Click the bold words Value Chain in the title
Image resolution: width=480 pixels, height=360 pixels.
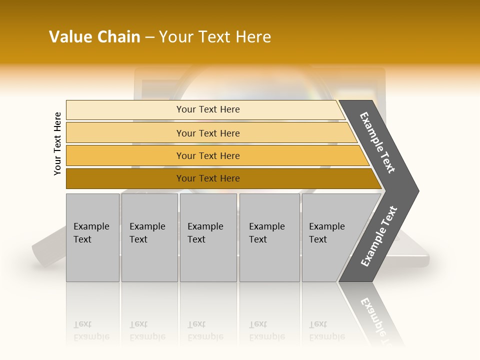click(x=94, y=37)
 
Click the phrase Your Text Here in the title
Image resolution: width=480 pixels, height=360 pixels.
click(x=215, y=37)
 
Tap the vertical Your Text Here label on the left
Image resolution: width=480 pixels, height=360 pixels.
click(x=57, y=143)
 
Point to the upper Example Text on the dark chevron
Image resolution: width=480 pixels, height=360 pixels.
click(x=377, y=142)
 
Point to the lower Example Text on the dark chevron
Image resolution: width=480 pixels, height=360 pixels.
click(x=379, y=236)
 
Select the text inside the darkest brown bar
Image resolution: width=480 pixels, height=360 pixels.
click(x=208, y=178)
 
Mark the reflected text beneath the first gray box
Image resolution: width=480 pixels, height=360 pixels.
click(x=91, y=330)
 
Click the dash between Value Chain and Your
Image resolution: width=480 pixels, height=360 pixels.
click(x=149, y=37)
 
